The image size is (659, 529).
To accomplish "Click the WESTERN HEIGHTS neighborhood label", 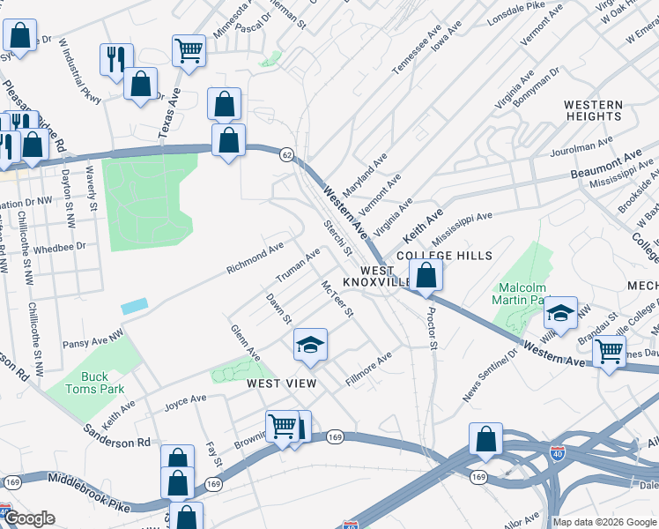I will click(593, 110).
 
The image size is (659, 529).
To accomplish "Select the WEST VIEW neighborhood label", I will click(281, 384).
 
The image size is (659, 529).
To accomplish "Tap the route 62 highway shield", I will click(286, 153).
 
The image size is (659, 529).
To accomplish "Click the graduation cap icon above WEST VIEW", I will click(309, 345).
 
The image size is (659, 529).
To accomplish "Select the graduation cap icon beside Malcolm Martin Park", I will click(560, 312).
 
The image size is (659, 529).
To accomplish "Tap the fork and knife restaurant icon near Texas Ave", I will click(116, 59).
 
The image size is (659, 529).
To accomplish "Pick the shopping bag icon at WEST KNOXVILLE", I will click(426, 275).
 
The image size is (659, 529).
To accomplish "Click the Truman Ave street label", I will click(299, 264).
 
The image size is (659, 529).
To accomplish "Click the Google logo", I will click(31, 518).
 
